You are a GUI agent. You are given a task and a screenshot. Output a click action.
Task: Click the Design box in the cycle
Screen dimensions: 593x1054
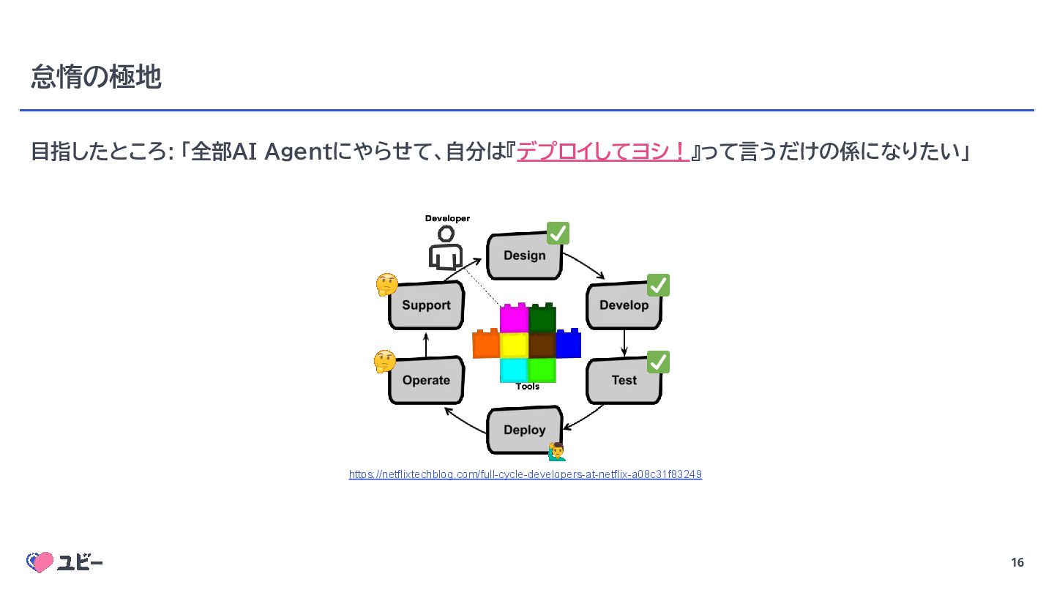coord(524,256)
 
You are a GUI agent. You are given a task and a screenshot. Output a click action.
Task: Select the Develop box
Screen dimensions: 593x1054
coord(624,305)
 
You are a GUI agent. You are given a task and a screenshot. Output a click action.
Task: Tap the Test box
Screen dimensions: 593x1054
coord(624,380)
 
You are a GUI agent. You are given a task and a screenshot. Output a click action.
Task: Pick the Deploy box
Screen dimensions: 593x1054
coord(524,430)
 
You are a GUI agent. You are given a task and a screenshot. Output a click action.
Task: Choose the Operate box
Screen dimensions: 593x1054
coord(425,380)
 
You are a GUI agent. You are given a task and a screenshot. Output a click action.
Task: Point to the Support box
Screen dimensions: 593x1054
coord(425,305)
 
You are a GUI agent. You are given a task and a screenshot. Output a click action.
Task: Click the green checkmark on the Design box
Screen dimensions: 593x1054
coord(558,234)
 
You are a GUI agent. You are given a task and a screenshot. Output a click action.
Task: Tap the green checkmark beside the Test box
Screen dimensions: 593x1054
coord(658,362)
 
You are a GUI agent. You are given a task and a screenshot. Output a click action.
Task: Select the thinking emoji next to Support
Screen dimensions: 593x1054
coord(386,285)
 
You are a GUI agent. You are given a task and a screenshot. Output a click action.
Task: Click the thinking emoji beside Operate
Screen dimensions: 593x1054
coord(384,361)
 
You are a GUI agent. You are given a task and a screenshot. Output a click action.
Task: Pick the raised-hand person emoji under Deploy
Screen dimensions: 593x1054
coord(557,451)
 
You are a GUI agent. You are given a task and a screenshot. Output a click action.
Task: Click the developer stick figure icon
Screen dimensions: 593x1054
coord(446,247)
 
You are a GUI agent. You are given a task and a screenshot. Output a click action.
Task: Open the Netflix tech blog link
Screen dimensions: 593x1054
coord(526,474)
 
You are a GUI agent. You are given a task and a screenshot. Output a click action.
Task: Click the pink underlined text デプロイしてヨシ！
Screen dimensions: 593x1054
coord(603,152)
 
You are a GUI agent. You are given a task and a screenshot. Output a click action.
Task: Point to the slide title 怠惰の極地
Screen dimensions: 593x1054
coord(96,76)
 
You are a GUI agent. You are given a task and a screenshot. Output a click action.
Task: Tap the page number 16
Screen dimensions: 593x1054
coord(1017,562)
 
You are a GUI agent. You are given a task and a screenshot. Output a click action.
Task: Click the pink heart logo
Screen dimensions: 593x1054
coord(41,562)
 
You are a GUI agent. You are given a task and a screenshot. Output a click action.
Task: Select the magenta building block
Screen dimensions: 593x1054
coord(514,318)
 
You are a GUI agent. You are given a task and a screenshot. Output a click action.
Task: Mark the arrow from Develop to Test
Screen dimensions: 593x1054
coord(624,343)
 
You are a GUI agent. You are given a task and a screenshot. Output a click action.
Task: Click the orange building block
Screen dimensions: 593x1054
coord(486,344)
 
